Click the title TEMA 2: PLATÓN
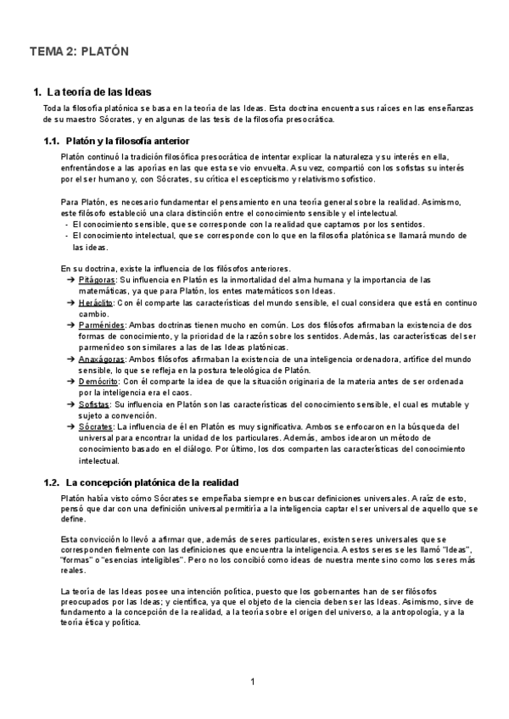79,52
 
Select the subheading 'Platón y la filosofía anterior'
128,140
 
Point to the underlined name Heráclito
96,302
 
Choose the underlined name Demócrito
98,382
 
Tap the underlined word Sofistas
94,404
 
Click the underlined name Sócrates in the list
96,426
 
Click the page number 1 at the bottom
254,683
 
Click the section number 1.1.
52,140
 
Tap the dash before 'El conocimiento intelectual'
66,236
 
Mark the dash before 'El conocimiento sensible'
66,224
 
